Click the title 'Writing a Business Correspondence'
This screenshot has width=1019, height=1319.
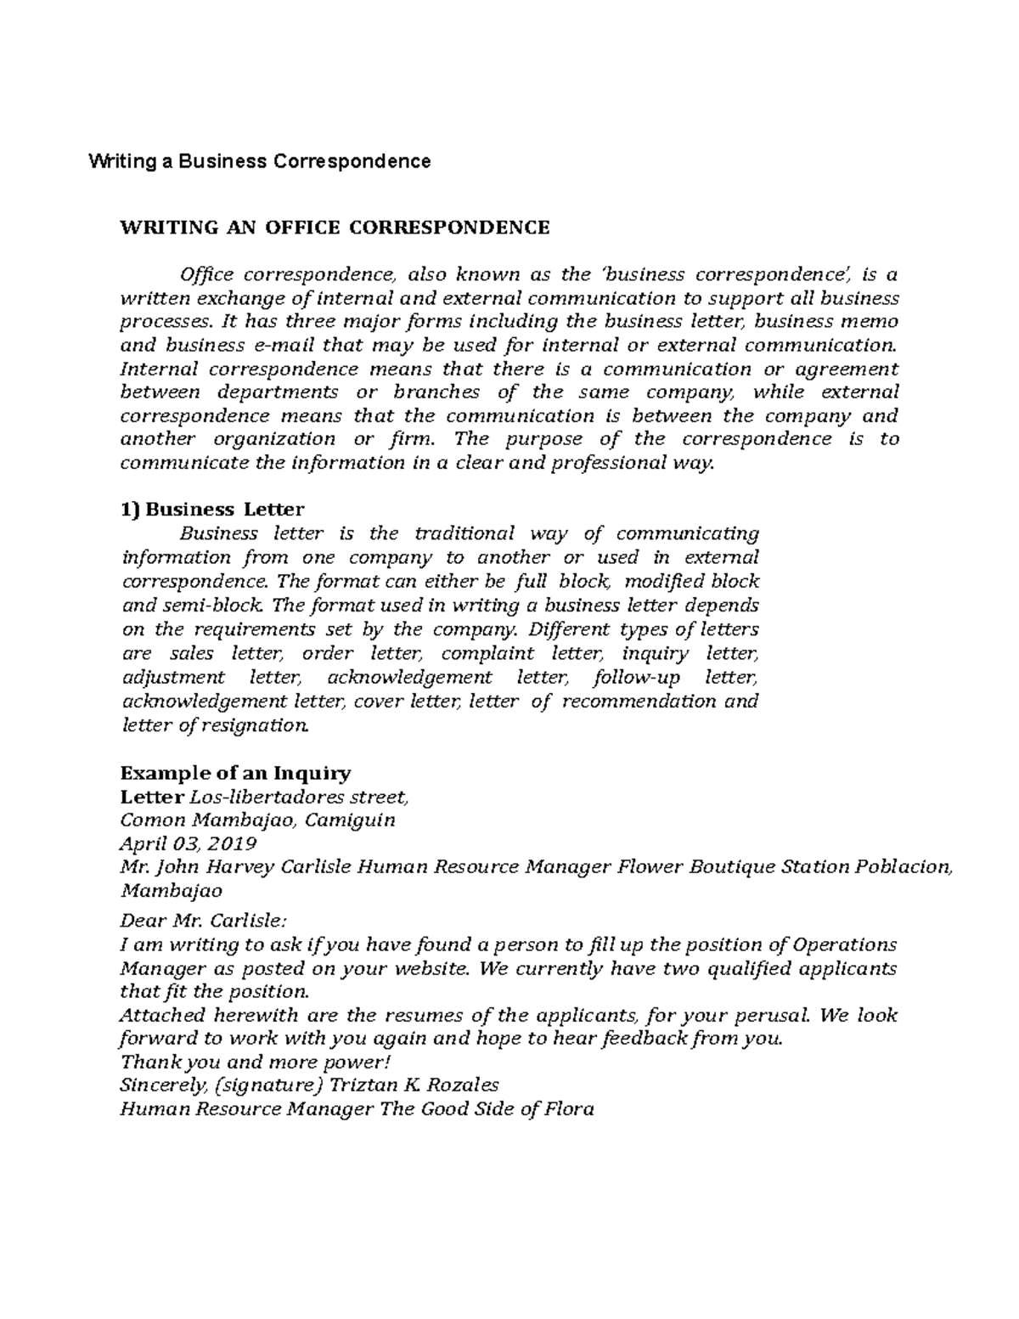pyautogui.click(x=260, y=161)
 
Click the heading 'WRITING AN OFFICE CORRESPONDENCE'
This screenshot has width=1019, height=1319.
pyautogui.click(x=335, y=228)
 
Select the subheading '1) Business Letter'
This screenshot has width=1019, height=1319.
pyautogui.click(x=211, y=510)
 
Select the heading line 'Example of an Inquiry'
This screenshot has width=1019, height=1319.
pyautogui.click(x=235, y=774)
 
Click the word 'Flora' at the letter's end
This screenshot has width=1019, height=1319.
pyautogui.click(x=569, y=1109)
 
